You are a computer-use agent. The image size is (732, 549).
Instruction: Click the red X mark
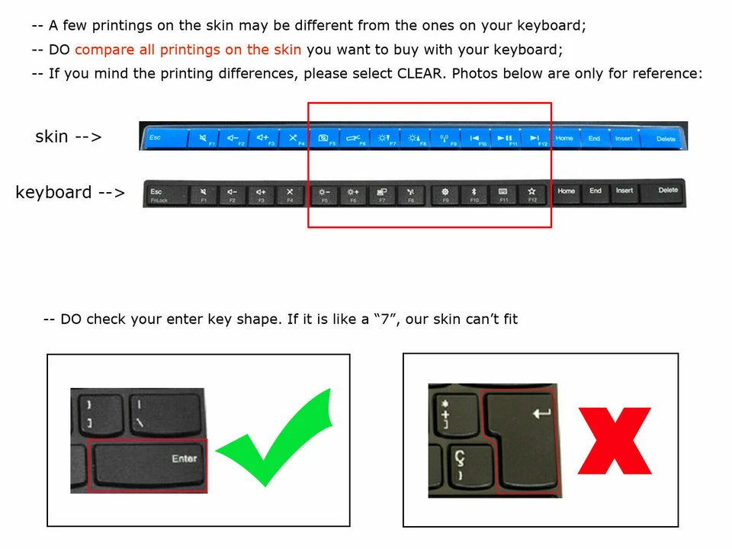tap(615, 441)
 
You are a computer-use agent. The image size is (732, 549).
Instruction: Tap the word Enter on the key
tap(184, 458)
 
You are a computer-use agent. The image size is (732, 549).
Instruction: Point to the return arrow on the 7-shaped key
tap(542, 413)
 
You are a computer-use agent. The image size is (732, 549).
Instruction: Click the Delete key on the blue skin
tap(666, 138)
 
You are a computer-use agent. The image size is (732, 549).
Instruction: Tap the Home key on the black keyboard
tap(566, 192)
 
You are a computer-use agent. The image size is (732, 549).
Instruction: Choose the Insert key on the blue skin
tap(624, 138)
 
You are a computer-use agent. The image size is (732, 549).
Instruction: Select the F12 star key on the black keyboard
tap(532, 194)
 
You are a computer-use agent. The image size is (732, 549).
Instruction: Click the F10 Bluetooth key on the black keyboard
tap(473, 194)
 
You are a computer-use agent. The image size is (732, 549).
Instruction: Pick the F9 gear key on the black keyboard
tap(445, 194)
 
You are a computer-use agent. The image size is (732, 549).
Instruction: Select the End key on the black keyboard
tap(596, 192)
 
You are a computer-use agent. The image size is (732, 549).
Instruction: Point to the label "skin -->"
tap(69, 137)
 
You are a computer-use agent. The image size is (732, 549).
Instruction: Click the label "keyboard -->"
tap(70, 192)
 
